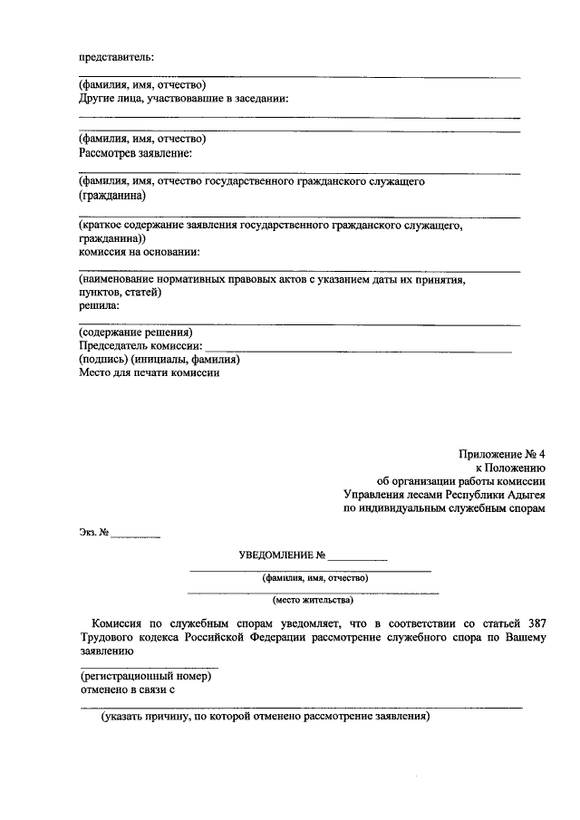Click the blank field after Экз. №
pos(136,535)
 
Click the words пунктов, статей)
pos(120,293)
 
